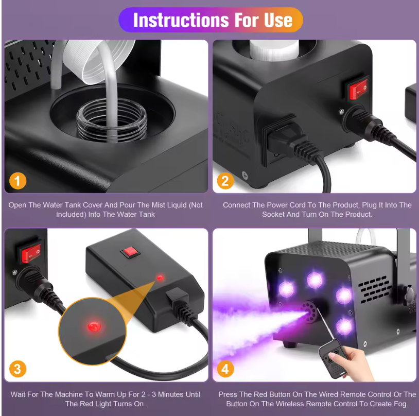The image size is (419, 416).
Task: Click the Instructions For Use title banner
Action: pyautogui.click(x=211, y=20)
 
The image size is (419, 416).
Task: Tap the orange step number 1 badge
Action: pyautogui.click(x=18, y=181)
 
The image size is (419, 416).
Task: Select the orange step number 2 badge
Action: pyautogui.click(x=225, y=181)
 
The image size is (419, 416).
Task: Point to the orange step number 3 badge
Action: pyautogui.click(x=18, y=369)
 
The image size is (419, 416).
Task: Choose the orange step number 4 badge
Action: pyautogui.click(x=225, y=369)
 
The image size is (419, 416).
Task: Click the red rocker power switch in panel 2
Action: pyautogui.click(x=359, y=89)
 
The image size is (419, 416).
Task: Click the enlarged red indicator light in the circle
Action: pyautogui.click(x=94, y=327)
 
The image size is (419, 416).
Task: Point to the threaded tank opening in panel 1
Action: pyautogui.click(x=112, y=124)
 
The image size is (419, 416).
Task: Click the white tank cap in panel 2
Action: pyautogui.click(x=274, y=50)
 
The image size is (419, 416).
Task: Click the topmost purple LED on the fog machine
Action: pyautogui.click(x=315, y=280)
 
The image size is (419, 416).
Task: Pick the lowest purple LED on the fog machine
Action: pyautogui.click(x=344, y=326)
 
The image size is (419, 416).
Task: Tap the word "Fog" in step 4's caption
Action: pyautogui.click(x=401, y=404)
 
